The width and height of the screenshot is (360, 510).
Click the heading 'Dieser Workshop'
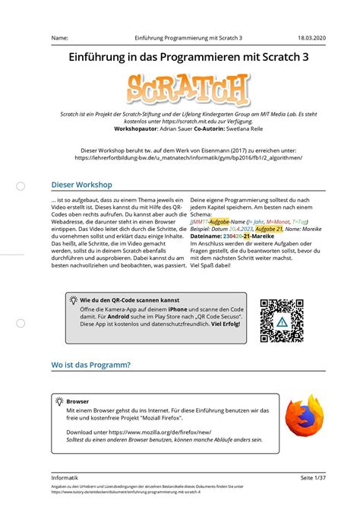(x=81, y=185)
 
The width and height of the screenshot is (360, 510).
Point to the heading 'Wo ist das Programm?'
(x=90, y=366)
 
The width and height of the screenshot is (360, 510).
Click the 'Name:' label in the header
(x=60, y=37)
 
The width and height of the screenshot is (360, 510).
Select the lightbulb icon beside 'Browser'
(x=58, y=400)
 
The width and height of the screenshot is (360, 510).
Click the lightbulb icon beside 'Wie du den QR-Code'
(x=74, y=300)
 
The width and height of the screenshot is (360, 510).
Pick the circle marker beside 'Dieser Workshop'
(x=21, y=185)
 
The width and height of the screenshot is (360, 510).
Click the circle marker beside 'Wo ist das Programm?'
(x=21, y=366)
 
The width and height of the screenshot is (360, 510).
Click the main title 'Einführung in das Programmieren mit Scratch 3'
(x=180, y=58)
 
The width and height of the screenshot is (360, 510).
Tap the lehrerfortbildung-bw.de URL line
(x=179, y=159)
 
